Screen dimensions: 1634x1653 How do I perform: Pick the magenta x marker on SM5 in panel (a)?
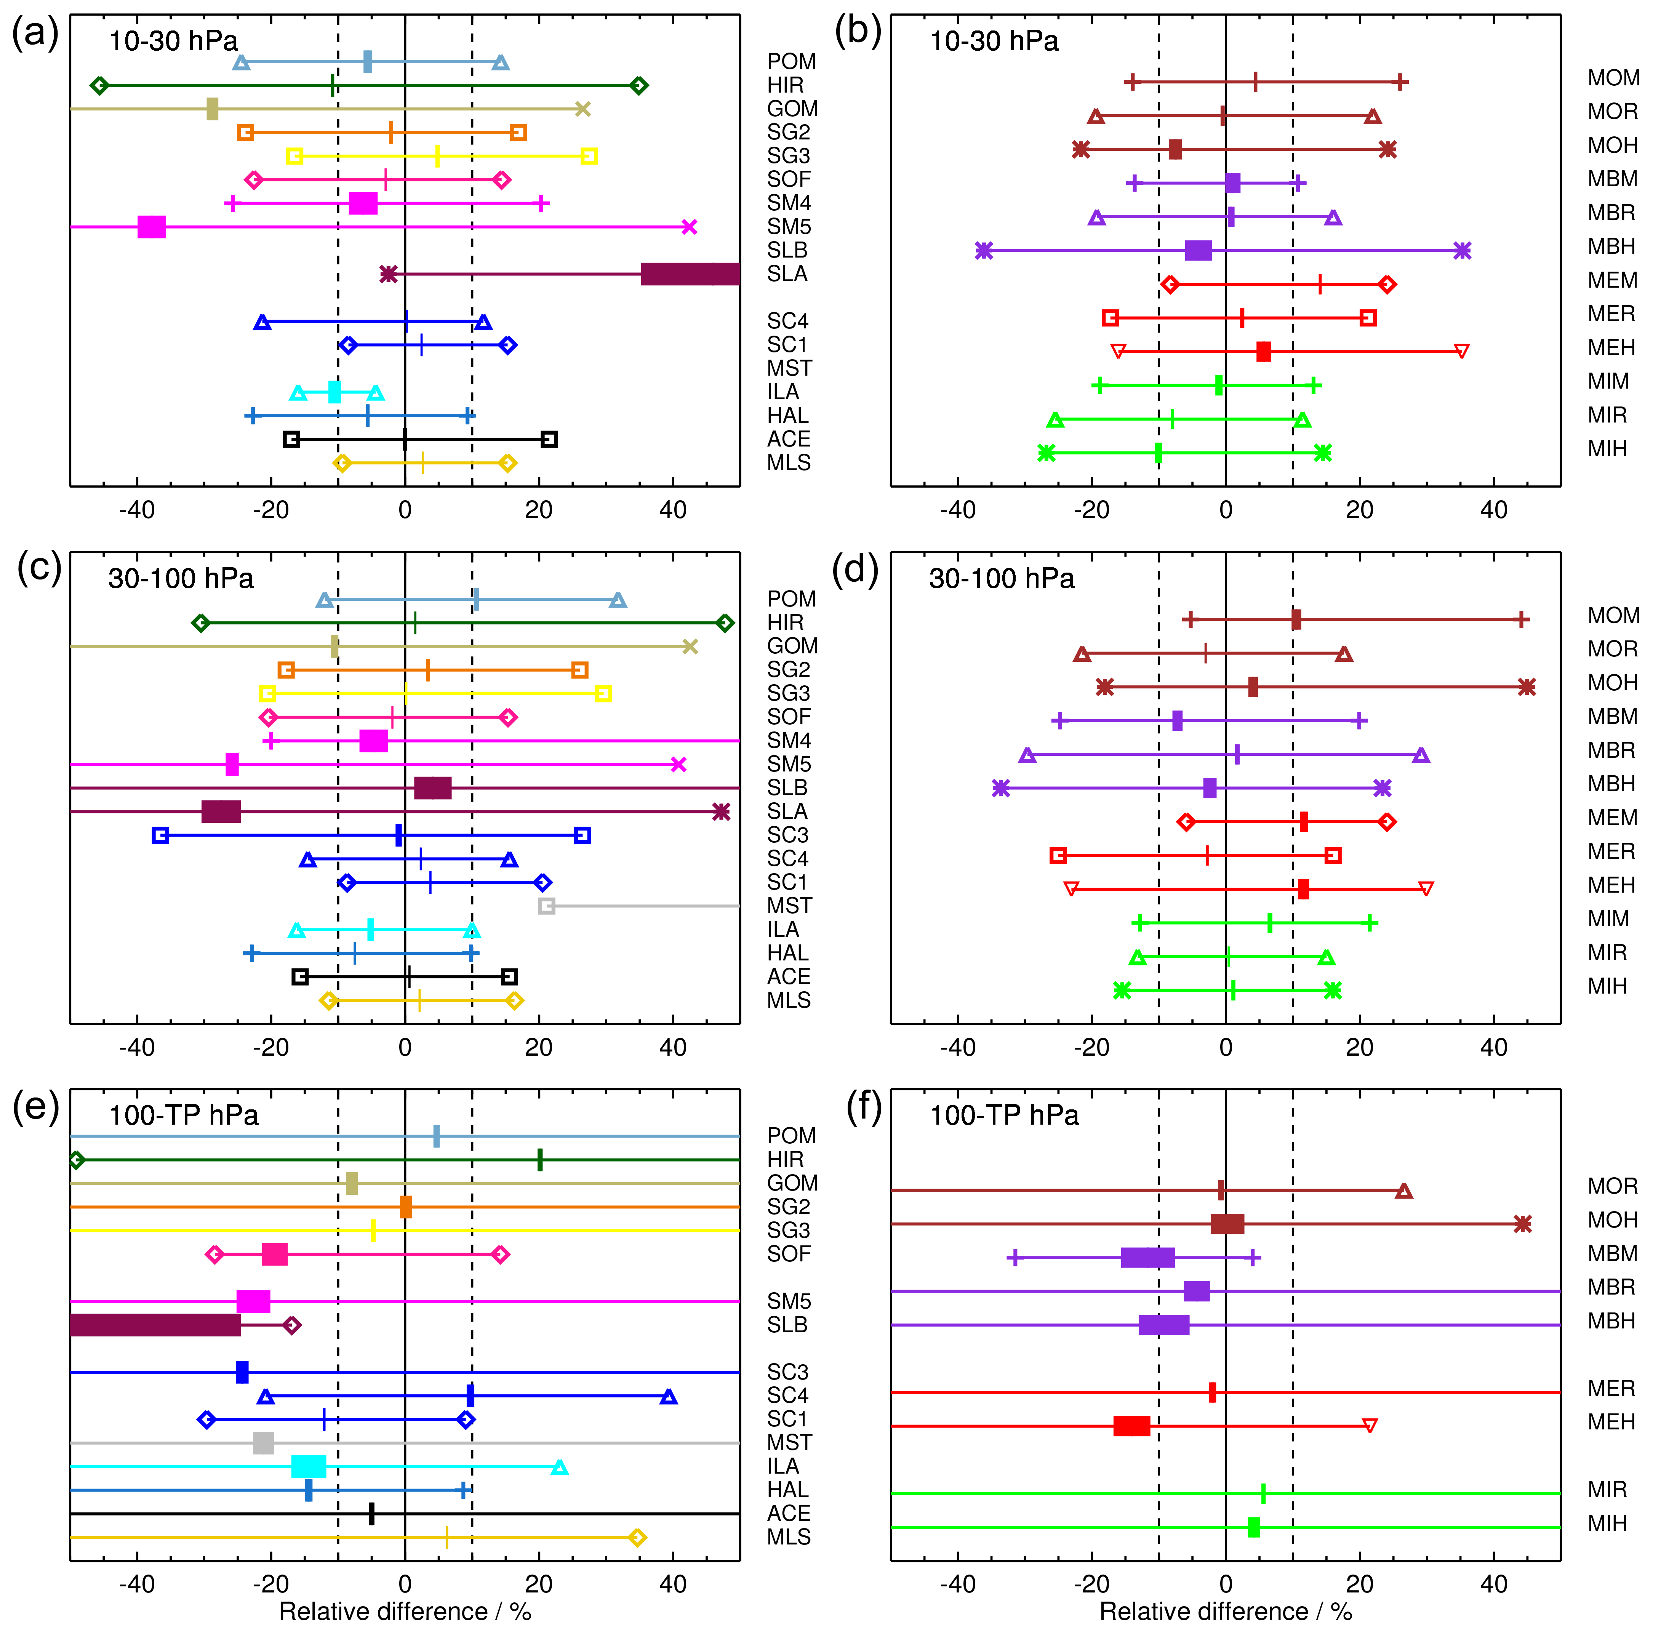(x=690, y=227)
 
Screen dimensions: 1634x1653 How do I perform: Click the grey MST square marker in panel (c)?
(x=547, y=906)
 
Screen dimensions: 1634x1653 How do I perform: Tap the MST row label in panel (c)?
(x=789, y=906)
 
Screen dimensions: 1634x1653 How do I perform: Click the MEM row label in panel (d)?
(x=1612, y=818)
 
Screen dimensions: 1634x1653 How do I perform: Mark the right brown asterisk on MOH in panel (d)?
(x=1527, y=687)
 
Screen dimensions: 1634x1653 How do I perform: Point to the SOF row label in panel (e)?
(x=788, y=1254)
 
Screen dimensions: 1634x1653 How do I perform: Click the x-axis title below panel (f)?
(x=1225, y=1612)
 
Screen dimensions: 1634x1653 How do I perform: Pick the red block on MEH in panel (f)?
(x=1131, y=1426)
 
